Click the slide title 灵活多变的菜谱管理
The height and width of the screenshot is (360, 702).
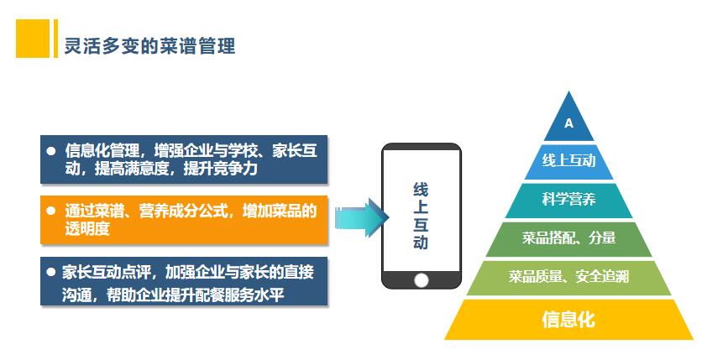pos(149,46)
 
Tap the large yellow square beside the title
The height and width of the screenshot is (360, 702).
pos(33,39)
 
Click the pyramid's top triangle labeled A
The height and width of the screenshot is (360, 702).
pos(568,121)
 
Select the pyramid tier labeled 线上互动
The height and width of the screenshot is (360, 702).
pos(568,161)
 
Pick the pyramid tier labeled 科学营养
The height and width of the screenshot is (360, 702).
pos(568,200)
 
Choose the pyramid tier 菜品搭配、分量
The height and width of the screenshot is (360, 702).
pos(568,239)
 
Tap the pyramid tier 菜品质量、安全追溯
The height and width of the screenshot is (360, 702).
pos(568,278)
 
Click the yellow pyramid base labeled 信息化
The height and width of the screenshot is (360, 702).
pos(568,320)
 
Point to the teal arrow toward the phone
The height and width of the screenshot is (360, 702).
pos(362,218)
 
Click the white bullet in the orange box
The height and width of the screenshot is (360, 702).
pos(51,211)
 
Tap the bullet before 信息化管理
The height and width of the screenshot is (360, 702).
pos(51,151)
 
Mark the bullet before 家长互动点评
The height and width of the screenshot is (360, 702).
pos(51,271)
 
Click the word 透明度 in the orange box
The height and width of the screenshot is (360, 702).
pos(87,229)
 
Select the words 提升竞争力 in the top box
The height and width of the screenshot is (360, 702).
pos(221,169)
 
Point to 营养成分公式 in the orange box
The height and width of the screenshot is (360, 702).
pos(183,211)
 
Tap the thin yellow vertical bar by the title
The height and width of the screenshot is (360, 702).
pos(55,39)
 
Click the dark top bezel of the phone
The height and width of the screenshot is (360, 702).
pos(422,147)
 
